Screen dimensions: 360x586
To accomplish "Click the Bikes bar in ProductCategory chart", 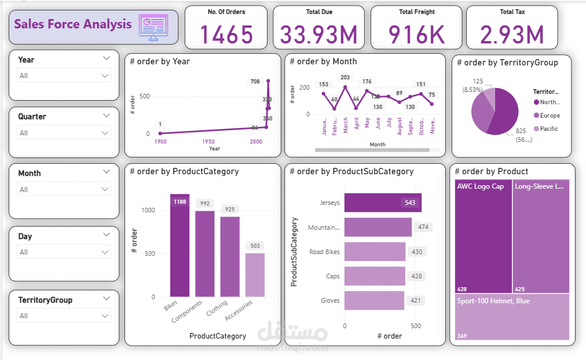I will click(x=180, y=246).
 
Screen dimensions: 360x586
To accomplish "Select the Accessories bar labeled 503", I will click(x=255, y=275).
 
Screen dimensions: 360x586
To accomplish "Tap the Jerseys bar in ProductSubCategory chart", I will click(x=382, y=203).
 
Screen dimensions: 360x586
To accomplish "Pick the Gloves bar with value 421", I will click(x=374, y=300).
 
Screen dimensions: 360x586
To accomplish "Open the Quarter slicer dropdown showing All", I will click(x=64, y=133).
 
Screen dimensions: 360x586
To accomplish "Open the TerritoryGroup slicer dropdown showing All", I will click(x=64, y=315).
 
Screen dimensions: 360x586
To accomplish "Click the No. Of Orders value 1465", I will click(x=226, y=35).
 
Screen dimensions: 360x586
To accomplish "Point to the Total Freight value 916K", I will click(x=416, y=35).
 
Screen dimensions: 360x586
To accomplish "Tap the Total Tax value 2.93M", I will click(x=512, y=35).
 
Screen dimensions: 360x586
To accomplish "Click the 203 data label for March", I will click(x=345, y=78).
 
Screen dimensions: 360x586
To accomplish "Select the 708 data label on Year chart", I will click(x=254, y=82).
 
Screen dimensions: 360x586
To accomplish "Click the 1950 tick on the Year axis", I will click(x=208, y=141).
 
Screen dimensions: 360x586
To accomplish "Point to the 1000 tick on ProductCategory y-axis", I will click(x=149, y=210).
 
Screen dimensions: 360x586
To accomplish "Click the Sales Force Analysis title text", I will click(x=73, y=24).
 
